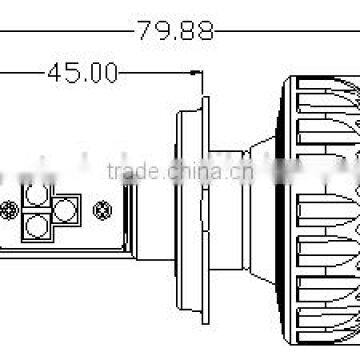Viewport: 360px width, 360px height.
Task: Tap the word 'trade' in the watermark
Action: coord(131,168)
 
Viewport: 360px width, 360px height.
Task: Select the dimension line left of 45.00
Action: coord(20,72)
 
